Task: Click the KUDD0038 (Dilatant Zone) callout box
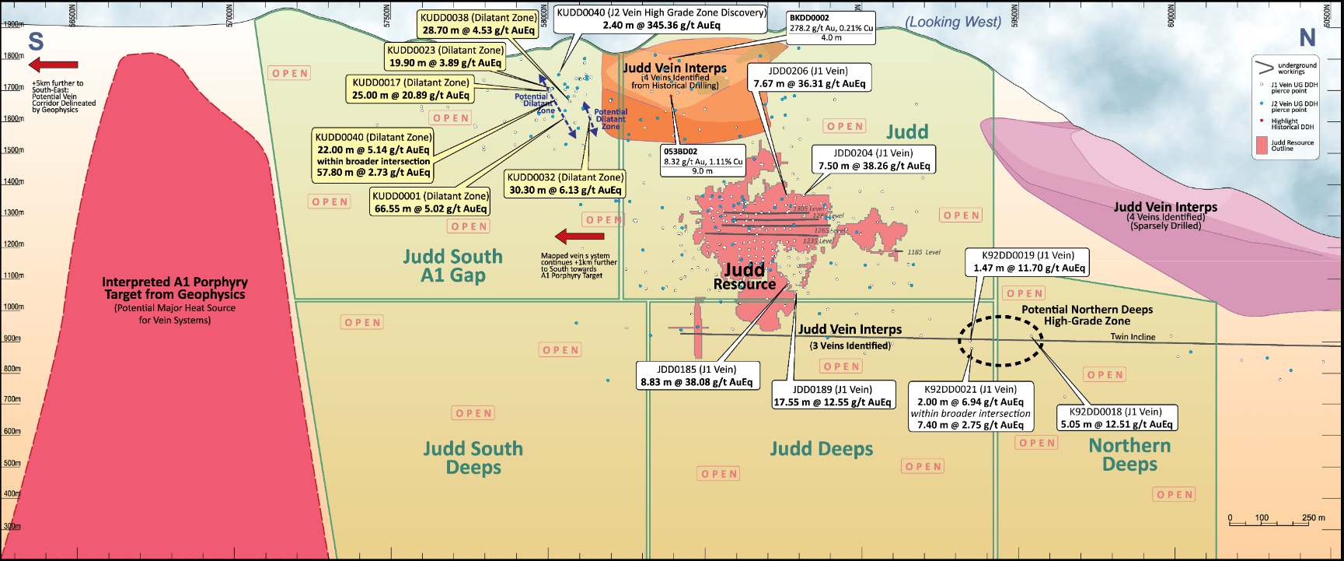click(x=478, y=24)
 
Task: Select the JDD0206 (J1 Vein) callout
click(x=808, y=77)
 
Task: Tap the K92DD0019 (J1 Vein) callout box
click(x=1028, y=261)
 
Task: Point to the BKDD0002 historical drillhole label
click(x=830, y=27)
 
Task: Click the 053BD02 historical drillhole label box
click(x=702, y=161)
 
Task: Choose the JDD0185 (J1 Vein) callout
click(x=696, y=376)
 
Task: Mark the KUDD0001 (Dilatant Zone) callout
click(x=430, y=202)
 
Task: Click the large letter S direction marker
click(x=36, y=41)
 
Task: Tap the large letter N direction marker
click(x=1307, y=37)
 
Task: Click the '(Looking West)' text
click(x=953, y=22)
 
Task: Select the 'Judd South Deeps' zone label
click(x=473, y=458)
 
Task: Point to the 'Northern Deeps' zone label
click(x=1129, y=455)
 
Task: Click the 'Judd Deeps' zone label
click(x=821, y=449)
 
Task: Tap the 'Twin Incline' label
click(x=1133, y=337)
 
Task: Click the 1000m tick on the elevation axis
click(x=13, y=307)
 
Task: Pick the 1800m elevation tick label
click(x=13, y=56)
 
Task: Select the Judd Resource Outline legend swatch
click(x=1262, y=146)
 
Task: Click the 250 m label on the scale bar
click(x=1314, y=517)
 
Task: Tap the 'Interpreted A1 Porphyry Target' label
click(x=175, y=288)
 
